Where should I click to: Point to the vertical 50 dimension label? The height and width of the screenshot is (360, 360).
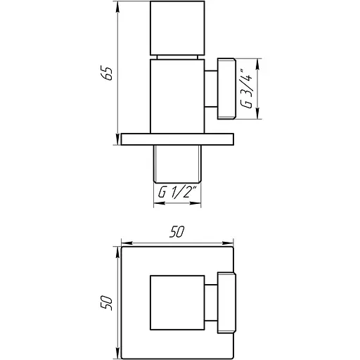click(x=108, y=302)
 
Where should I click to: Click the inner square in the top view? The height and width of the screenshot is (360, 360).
click(x=176, y=302)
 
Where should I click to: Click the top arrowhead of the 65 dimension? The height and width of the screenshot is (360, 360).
click(x=116, y=8)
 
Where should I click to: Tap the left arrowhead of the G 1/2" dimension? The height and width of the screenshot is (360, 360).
click(x=156, y=205)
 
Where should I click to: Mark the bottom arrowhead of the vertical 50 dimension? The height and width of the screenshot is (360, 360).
click(x=117, y=353)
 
